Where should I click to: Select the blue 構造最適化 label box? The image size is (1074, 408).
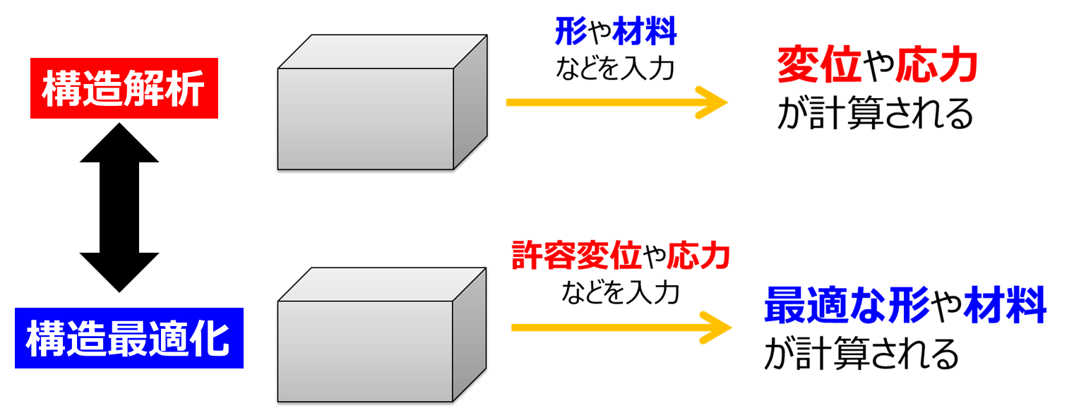[x=129, y=338]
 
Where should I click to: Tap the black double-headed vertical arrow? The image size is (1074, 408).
[x=119, y=207]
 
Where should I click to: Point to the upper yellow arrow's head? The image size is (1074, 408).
[x=713, y=102]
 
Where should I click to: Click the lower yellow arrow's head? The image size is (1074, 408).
[x=716, y=328]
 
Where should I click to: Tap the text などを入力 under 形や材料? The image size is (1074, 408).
[x=615, y=68]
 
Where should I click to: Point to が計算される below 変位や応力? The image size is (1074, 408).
[x=875, y=114]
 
